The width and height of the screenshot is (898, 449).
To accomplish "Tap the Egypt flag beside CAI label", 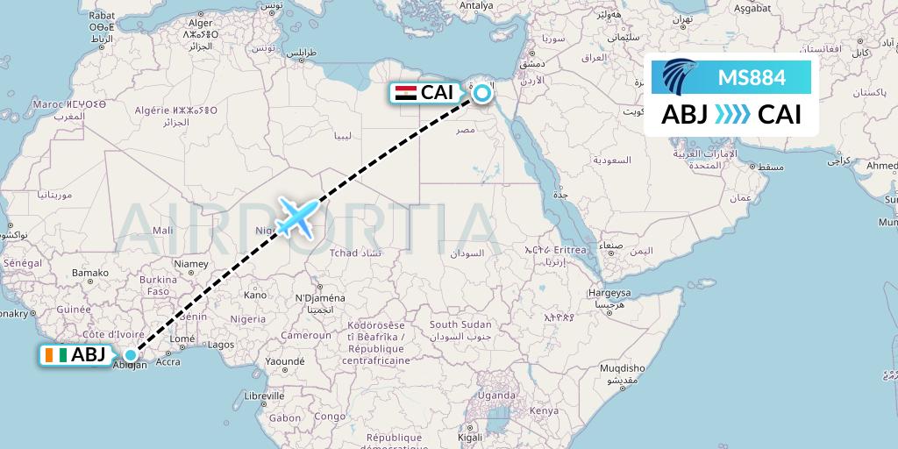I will point(405,92).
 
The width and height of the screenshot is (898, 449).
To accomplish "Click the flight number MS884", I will point(752,77).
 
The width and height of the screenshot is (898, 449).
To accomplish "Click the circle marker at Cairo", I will point(481,89).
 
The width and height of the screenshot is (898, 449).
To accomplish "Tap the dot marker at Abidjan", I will point(131,355).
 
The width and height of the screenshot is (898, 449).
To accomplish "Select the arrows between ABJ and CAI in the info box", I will point(732,115).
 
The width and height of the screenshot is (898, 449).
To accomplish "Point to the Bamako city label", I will point(89,274).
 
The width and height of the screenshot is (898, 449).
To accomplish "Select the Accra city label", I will point(167,361).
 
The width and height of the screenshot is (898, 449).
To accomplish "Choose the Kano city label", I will point(254,295).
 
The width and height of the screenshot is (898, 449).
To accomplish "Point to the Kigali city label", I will point(470,437).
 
